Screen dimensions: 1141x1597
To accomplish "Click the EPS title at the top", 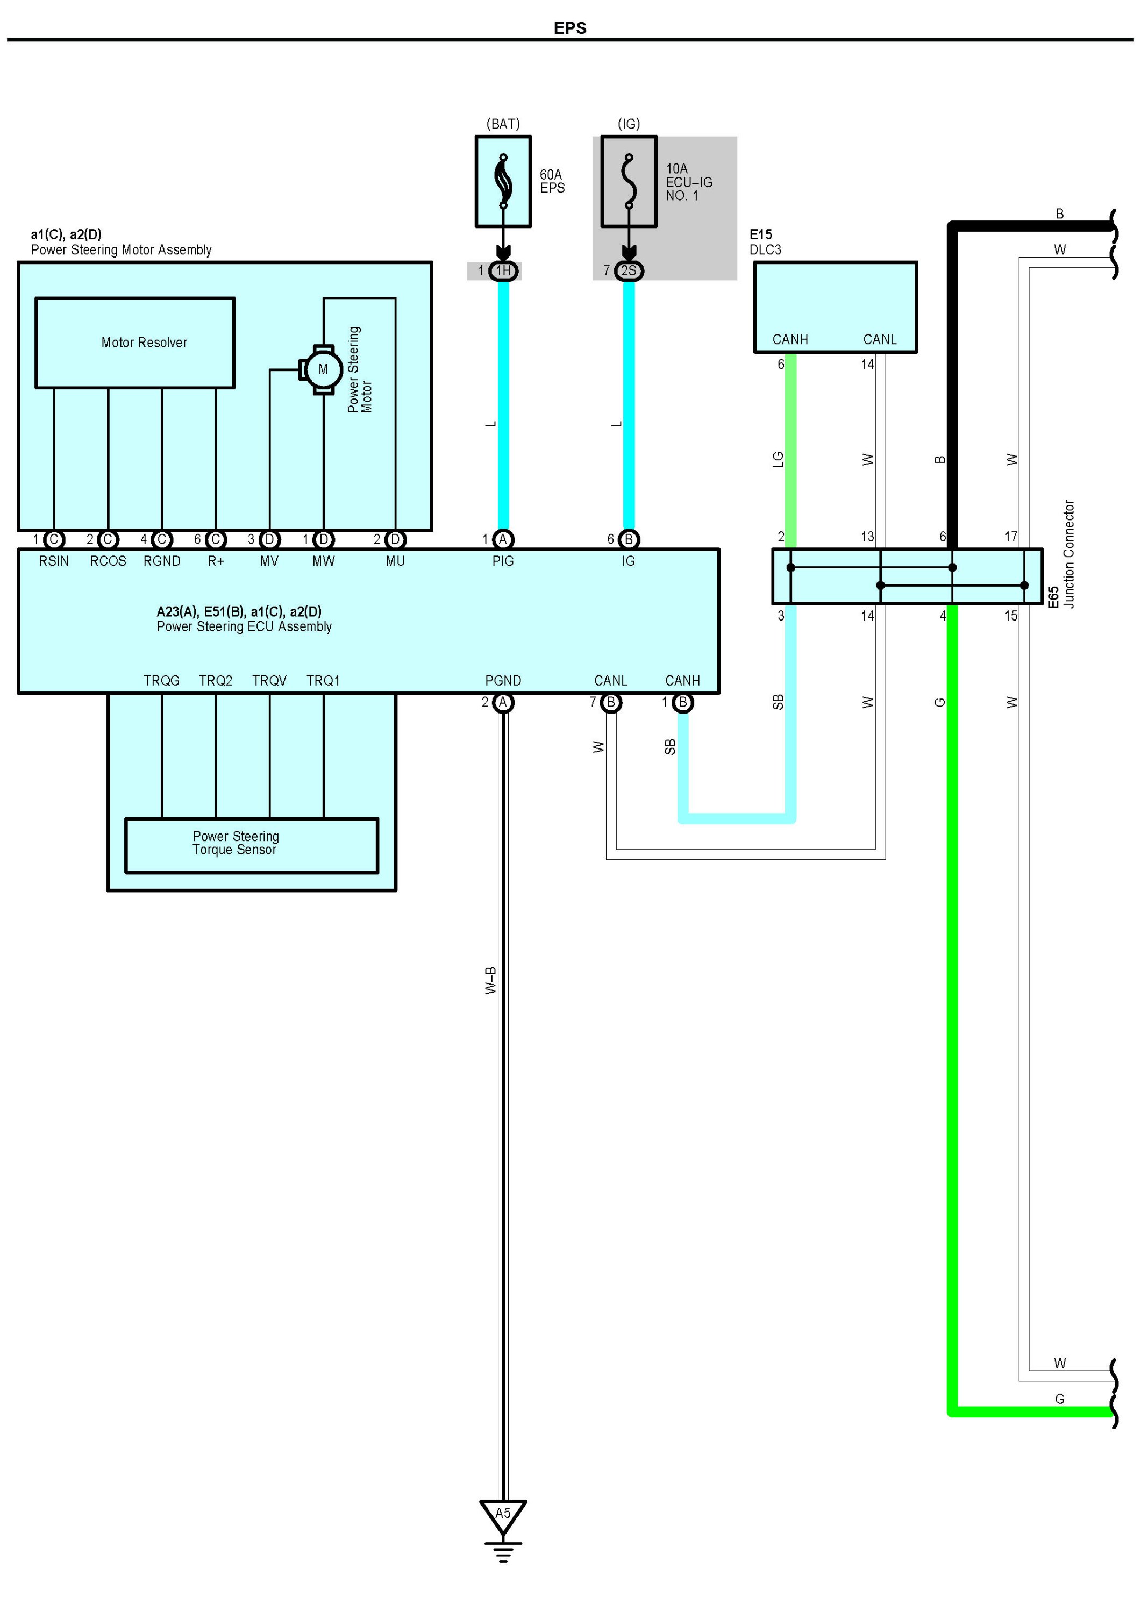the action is (x=570, y=28).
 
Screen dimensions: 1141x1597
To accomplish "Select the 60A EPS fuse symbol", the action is (x=503, y=181).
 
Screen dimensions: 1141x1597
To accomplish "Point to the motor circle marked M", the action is (x=323, y=369).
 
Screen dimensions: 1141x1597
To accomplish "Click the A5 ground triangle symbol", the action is (x=503, y=1514).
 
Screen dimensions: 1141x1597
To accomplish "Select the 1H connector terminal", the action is (x=503, y=271).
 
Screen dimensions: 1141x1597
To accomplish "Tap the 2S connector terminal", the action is (x=629, y=271).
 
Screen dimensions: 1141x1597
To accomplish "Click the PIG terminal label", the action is (x=503, y=561).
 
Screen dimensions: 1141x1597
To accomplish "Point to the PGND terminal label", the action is (x=503, y=681).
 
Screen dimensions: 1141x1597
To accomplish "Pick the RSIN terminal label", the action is (x=54, y=561).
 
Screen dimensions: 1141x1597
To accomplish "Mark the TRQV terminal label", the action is (x=269, y=681).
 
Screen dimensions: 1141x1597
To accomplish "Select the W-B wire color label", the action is (x=491, y=980).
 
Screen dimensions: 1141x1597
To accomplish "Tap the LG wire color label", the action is (x=778, y=460).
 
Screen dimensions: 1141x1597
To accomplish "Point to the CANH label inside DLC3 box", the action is (x=790, y=340).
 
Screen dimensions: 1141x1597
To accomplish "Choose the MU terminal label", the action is (x=396, y=561).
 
